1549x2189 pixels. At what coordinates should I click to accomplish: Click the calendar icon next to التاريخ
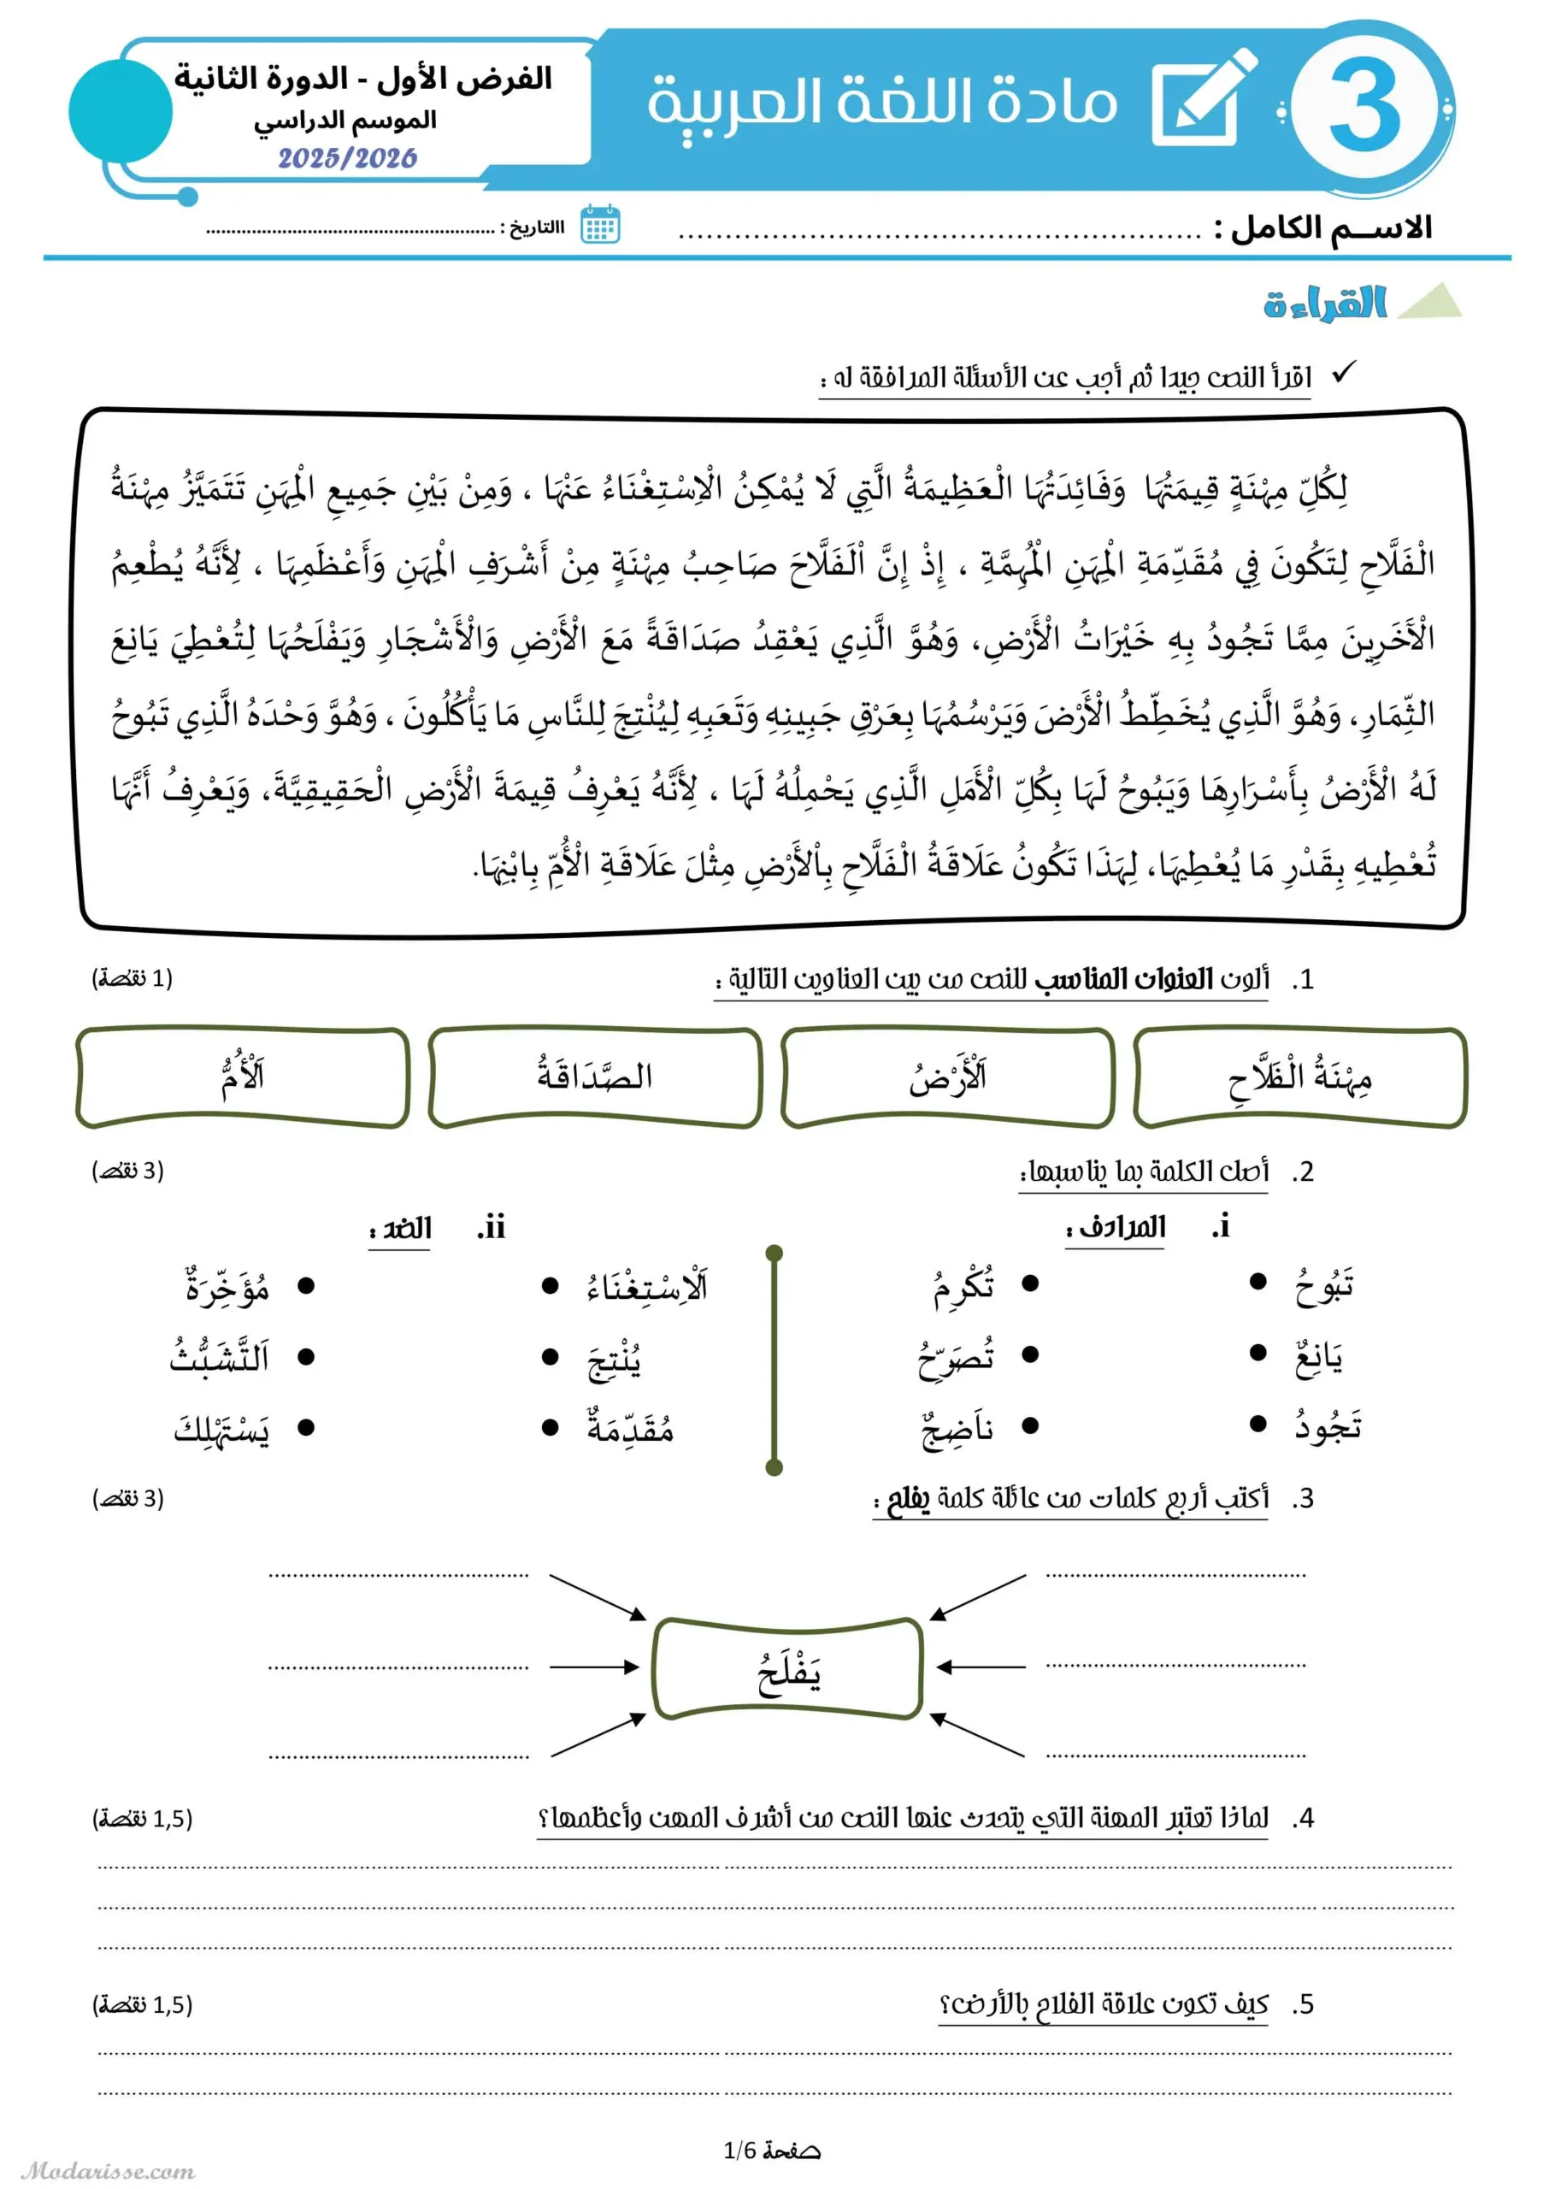(x=600, y=226)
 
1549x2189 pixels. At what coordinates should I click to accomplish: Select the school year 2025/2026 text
(x=348, y=157)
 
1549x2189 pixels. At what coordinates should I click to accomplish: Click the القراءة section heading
(x=1325, y=303)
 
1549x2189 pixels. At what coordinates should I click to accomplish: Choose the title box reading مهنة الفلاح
(x=1299, y=1077)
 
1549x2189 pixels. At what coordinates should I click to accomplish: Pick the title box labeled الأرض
(x=947, y=1077)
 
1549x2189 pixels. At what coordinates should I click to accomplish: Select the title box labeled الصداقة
(x=595, y=1077)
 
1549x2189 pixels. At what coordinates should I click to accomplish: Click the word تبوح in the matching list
(x=1325, y=1286)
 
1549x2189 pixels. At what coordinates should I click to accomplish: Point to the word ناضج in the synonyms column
(x=957, y=1429)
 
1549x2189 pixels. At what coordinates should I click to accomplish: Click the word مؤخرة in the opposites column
(x=227, y=1288)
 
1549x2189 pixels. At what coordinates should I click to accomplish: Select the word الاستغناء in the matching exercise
(x=646, y=1288)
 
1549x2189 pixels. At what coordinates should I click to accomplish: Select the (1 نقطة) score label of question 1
(x=133, y=978)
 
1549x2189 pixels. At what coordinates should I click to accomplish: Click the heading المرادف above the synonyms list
(x=1115, y=1228)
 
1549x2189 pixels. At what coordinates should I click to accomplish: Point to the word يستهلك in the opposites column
(x=221, y=1430)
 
